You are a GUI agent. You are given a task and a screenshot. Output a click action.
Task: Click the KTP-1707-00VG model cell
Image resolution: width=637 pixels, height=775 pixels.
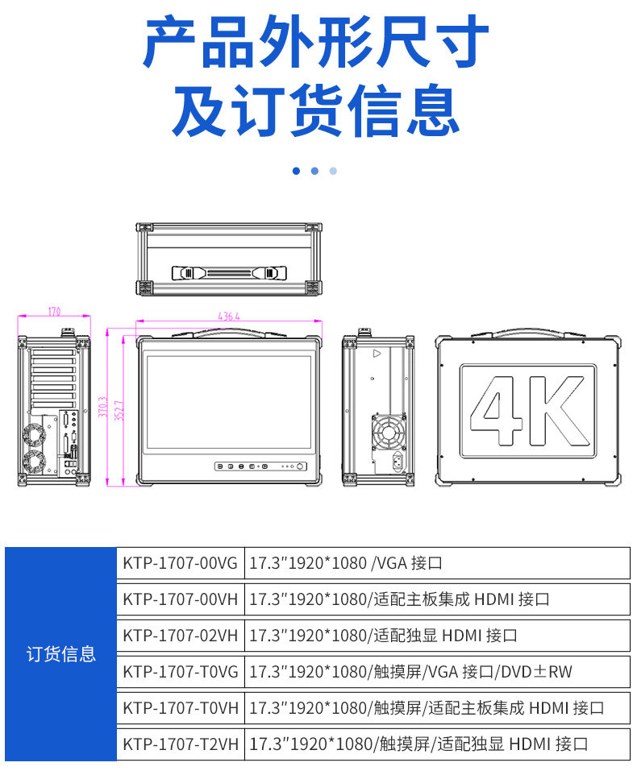pos(180,563)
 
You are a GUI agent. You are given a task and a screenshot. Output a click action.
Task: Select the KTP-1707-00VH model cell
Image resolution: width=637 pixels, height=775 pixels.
pos(180,599)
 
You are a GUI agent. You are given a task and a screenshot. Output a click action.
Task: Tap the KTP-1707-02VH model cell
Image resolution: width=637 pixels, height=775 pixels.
pos(180,636)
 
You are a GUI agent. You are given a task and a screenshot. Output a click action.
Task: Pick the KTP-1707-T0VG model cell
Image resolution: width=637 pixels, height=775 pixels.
pos(180,672)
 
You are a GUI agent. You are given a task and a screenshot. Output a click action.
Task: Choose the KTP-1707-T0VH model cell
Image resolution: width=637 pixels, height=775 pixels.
pos(180,708)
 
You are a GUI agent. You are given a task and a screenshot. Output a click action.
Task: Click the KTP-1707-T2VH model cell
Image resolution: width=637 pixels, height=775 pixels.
pos(180,744)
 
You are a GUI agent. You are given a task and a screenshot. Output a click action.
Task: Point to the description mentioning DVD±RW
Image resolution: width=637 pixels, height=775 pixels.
pos(411,672)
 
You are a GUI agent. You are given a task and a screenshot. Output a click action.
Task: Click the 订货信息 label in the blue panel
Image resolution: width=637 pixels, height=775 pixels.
pos(61,654)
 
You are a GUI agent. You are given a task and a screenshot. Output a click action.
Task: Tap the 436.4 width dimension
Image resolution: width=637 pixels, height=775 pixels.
pos(229,317)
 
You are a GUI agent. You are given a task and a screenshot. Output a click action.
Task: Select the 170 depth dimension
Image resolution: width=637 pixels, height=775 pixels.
pos(54,312)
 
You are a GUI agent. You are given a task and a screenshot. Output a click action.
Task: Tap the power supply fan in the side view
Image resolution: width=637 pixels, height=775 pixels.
pos(388,430)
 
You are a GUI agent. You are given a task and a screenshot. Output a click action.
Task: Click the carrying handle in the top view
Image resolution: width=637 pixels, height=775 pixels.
pos(229,273)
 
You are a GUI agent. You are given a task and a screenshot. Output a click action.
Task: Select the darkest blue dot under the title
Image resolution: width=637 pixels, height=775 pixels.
pos(296,171)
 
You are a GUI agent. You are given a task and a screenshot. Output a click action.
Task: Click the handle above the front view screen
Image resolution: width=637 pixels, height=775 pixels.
pos(229,330)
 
